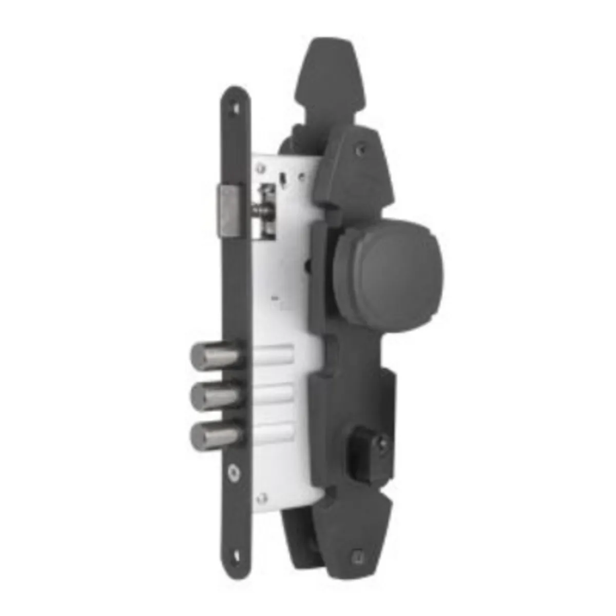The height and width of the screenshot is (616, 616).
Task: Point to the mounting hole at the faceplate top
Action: coord(237,108)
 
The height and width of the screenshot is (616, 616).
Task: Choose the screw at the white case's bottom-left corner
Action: coord(262,496)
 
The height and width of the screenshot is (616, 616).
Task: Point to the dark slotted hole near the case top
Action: coord(283,180)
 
